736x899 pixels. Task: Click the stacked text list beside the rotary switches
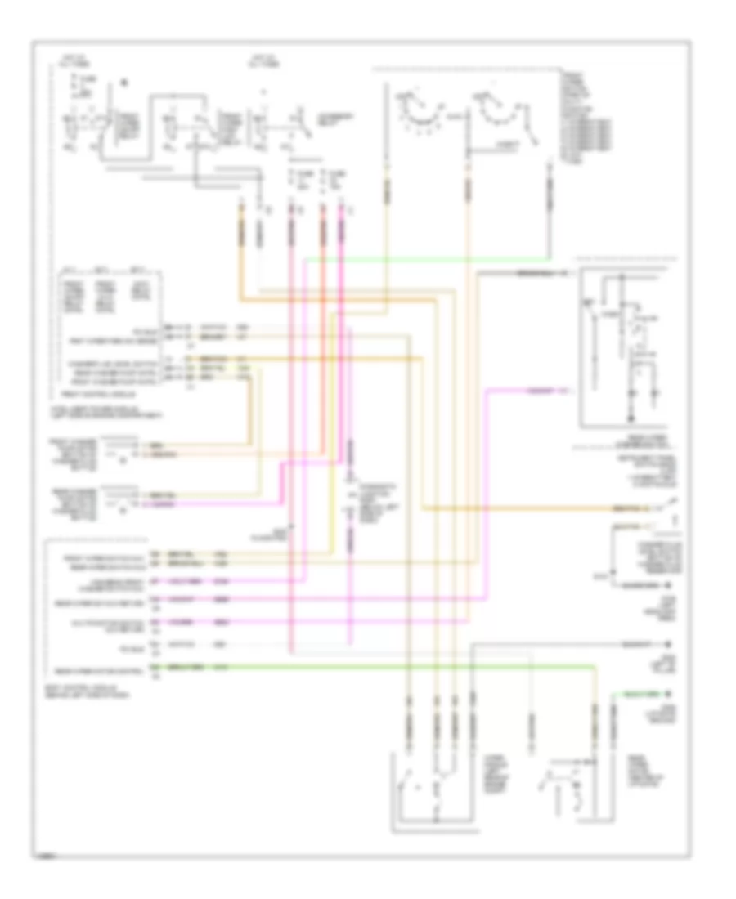[582, 114]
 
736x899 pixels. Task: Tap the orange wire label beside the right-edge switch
[628, 508]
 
